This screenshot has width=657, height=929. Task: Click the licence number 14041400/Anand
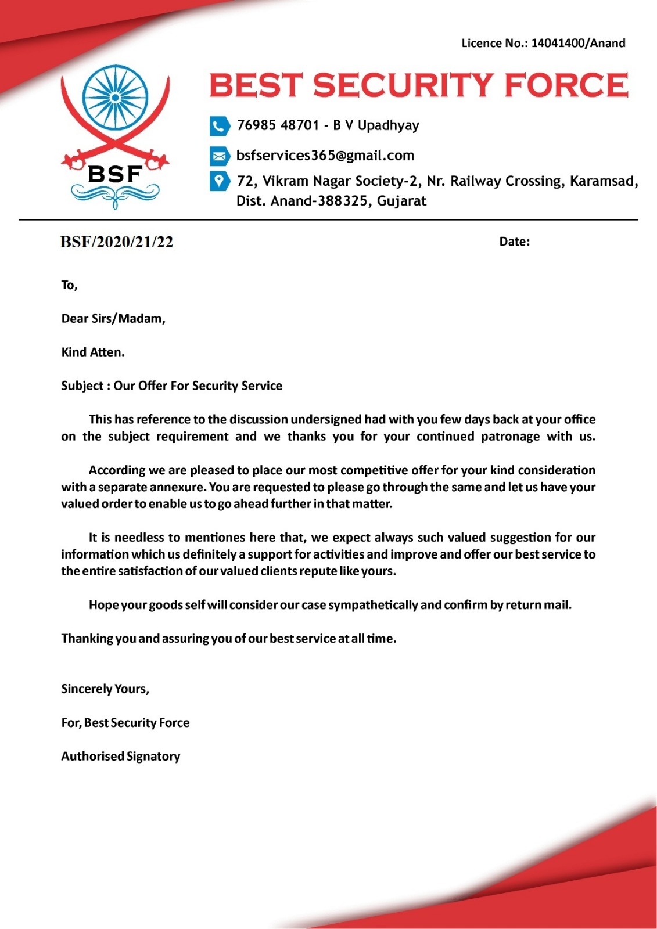click(578, 43)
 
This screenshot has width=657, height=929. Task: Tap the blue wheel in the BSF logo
click(115, 98)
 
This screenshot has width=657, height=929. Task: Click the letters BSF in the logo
click(115, 174)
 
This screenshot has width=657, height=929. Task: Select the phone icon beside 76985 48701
click(220, 125)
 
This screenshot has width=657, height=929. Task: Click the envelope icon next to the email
click(220, 156)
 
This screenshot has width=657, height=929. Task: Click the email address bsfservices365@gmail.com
click(325, 156)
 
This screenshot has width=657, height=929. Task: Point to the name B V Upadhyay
click(376, 125)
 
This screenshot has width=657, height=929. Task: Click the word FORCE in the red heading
click(566, 85)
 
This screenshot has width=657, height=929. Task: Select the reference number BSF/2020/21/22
click(117, 242)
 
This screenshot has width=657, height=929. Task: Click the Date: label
click(514, 242)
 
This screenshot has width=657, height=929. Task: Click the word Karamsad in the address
click(602, 181)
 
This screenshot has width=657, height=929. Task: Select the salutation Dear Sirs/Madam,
click(113, 319)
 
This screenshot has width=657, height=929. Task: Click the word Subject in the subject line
click(82, 386)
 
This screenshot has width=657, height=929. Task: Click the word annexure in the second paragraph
click(177, 487)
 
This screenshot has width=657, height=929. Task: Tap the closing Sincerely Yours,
click(105, 689)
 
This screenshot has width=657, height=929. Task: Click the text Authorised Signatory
click(121, 757)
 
